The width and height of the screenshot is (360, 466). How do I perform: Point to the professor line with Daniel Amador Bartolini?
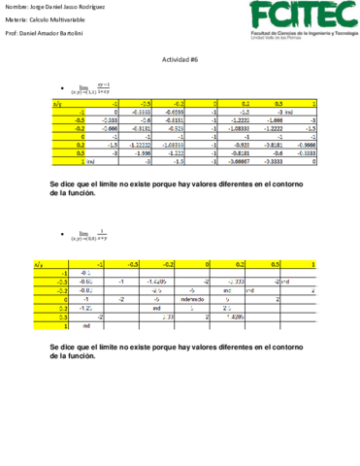[53, 32]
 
